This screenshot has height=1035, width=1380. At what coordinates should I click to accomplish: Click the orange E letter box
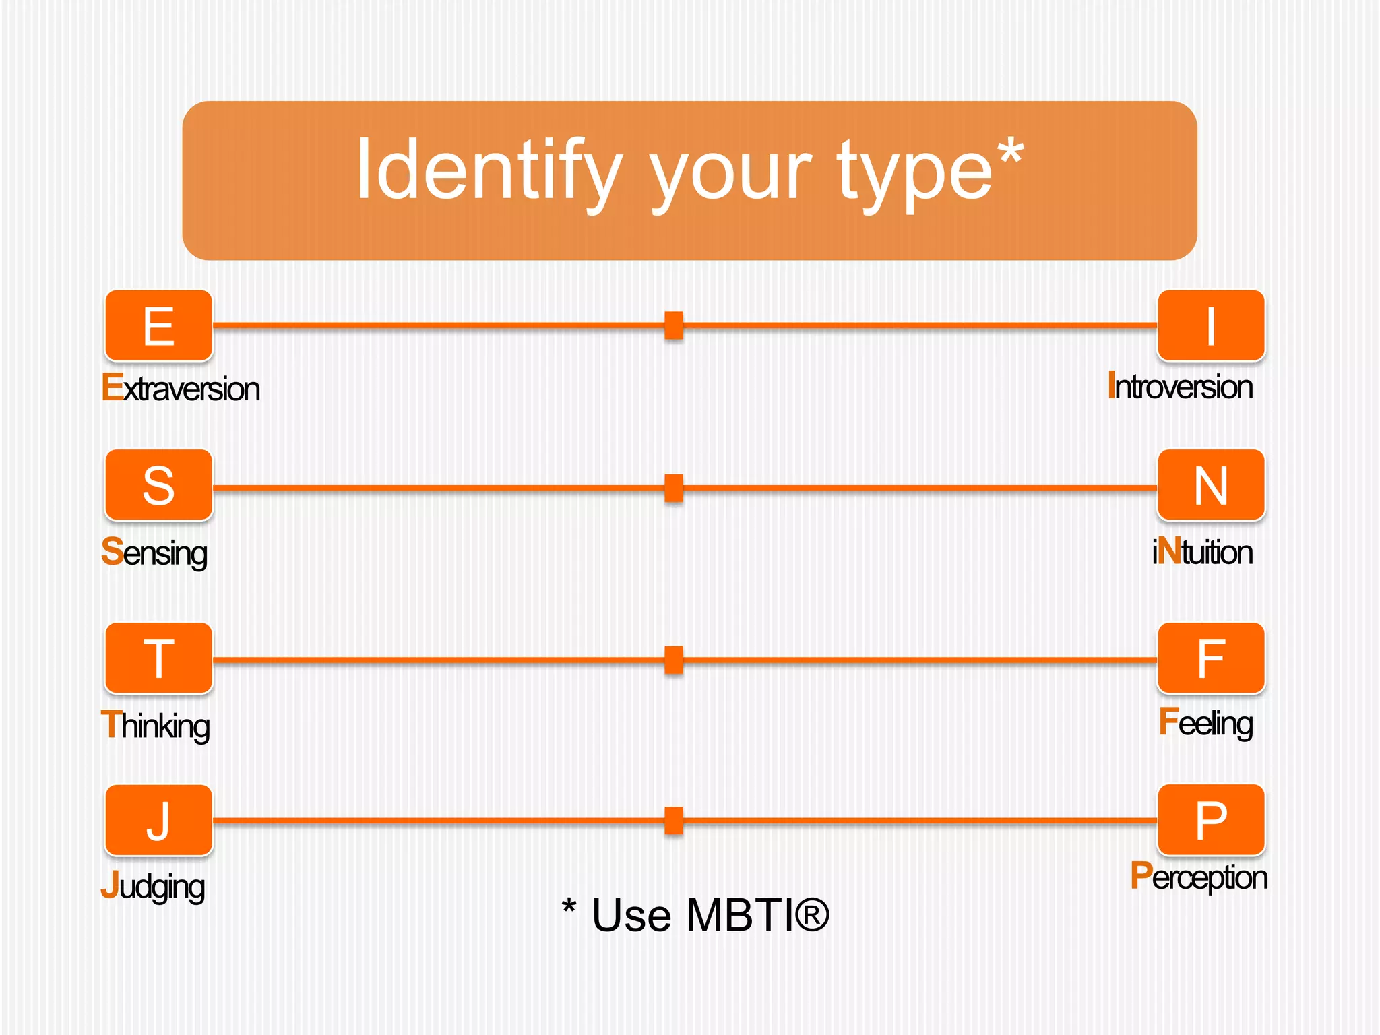click(159, 326)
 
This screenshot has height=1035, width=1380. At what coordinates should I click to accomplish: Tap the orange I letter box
click(1211, 326)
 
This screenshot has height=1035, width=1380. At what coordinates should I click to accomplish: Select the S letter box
click(159, 485)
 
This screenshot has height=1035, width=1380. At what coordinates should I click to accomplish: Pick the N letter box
click(1211, 485)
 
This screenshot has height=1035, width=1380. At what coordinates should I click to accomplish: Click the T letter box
click(159, 658)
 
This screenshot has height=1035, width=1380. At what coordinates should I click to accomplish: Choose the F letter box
click(1211, 658)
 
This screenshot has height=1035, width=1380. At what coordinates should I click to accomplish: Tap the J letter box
click(159, 820)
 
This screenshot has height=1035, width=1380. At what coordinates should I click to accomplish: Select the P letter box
click(1211, 820)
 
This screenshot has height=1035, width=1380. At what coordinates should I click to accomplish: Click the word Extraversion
click(181, 389)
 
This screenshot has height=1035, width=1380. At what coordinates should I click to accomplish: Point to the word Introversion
click(1180, 387)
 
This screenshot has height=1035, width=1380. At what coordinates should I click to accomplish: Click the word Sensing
click(154, 553)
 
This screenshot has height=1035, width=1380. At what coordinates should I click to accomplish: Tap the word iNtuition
click(1202, 552)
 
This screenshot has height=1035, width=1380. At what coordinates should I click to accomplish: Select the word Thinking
click(156, 726)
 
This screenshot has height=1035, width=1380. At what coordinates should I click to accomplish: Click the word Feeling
click(1205, 723)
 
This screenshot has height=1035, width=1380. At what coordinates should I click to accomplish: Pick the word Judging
click(153, 887)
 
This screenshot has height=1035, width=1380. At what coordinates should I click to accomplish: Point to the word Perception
click(1199, 877)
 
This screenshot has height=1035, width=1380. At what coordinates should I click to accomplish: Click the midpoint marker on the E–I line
click(674, 325)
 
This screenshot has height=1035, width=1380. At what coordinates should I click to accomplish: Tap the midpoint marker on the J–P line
click(674, 821)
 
